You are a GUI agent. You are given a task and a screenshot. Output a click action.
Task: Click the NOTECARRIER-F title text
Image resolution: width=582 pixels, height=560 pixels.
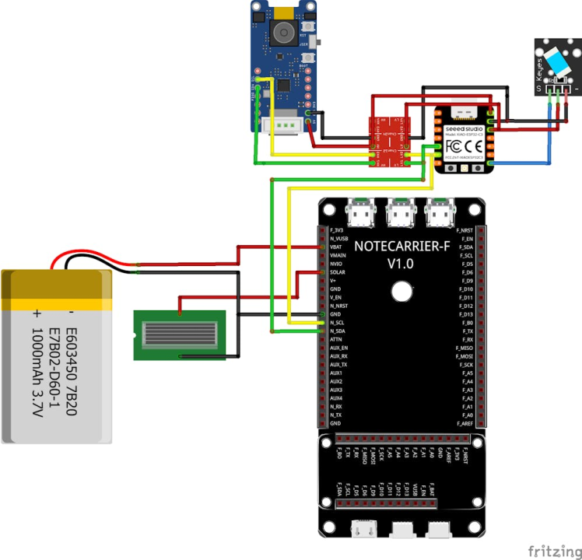tap(400, 247)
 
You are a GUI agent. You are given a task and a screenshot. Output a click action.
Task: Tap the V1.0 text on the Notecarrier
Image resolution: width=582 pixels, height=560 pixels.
tap(400, 264)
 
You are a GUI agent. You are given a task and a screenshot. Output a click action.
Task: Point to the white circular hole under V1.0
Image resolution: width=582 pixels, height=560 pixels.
tap(401, 291)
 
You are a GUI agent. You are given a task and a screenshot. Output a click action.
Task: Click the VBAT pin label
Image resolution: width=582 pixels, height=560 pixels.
tap(336, 247)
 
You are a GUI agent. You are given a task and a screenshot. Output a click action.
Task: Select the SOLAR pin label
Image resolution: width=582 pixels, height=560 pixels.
tap(338, 272)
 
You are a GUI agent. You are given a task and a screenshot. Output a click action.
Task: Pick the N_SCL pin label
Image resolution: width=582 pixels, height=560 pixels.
tap(337, 322)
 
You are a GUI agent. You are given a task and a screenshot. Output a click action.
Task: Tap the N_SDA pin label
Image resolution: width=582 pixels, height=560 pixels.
tap(338, 331)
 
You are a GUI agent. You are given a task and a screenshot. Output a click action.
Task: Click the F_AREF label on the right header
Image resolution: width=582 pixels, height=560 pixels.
tap(466, 423)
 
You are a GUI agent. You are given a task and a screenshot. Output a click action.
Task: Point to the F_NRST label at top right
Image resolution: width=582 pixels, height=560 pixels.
tap(466, 230)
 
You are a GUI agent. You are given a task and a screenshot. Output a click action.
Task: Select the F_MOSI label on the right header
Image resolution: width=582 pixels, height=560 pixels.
tap(466, 356)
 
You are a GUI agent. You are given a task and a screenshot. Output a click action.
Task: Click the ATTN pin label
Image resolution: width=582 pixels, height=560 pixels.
tap(336, 339)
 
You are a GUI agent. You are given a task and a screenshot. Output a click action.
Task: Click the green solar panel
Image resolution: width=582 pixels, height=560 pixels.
tap(180, 335)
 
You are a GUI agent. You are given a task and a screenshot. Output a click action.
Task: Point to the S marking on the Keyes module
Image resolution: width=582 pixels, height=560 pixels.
tap(538, 89)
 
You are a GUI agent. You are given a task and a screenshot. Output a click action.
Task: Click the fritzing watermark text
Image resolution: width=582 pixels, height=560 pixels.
tap(554, 551)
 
